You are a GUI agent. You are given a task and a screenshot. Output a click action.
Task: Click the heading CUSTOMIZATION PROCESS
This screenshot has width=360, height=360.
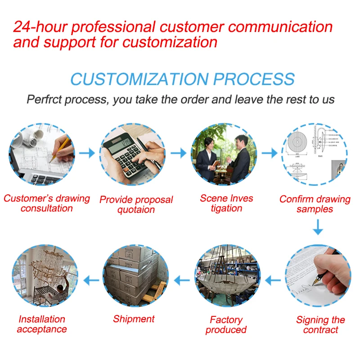(x=183, y=79)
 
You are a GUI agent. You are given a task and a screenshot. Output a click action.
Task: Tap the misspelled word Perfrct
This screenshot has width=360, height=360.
(x=44, y=99)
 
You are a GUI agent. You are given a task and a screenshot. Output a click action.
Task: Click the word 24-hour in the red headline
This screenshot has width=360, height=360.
(x=40, y=27)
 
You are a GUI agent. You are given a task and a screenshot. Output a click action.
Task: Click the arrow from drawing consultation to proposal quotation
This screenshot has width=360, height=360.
(x=87, y=153)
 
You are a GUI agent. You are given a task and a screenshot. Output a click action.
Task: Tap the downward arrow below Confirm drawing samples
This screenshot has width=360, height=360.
(x=318, y=227)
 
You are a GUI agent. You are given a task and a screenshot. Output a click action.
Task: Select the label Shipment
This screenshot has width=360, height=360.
(x=134, y=319)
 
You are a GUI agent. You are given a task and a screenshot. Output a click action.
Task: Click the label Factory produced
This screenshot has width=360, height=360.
(x=226, y=324)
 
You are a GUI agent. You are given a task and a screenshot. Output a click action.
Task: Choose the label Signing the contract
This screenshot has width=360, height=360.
(x=320, y=324)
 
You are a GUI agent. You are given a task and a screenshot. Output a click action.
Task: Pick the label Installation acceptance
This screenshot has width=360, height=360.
(x=42, y=324)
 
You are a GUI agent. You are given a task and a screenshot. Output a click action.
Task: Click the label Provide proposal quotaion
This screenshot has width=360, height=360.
(x=136, y=205)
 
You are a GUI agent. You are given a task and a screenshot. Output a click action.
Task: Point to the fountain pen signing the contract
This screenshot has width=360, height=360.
(x=321, y=277)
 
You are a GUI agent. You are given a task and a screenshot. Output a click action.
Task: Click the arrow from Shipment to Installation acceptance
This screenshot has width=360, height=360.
(x=91, y=280)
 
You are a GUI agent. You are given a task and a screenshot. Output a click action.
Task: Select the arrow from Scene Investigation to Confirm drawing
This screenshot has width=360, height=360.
(x=270, y=153)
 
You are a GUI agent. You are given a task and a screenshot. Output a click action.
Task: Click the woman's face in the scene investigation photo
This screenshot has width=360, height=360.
(x=209, y=144)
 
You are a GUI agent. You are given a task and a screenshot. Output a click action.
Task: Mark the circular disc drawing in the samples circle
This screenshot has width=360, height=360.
(x=297, y=142)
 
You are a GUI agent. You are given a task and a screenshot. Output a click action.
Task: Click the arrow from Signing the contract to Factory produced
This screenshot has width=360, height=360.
(x=273, y=280)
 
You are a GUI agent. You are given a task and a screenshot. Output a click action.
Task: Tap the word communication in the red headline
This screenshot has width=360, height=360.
(x=280, y=27)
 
